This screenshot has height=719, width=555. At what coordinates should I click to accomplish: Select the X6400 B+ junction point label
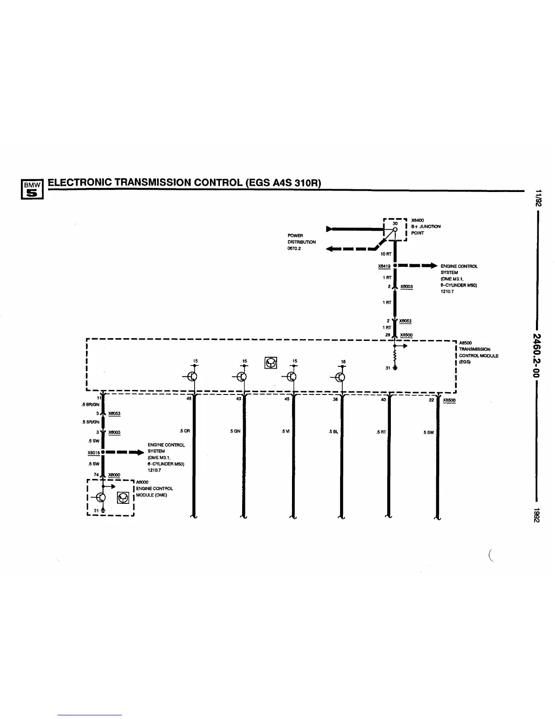pos(417,220)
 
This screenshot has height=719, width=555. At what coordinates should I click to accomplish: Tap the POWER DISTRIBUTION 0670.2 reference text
pos(302,242)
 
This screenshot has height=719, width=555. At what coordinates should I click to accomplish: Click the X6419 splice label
pos(384,266)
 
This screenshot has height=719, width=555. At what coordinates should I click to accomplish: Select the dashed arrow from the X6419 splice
pos(418,266)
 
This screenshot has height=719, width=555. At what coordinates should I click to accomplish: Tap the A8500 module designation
pos(466,343)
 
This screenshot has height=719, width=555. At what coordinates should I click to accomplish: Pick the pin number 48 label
pos(189,399)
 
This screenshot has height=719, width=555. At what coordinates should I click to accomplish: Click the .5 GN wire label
pos(235,432)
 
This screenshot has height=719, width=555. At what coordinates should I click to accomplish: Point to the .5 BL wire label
pos(333,432)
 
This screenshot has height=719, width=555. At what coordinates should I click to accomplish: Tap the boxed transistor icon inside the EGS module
pos(271,363)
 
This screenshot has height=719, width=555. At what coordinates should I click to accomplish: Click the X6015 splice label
pos(93,453)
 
